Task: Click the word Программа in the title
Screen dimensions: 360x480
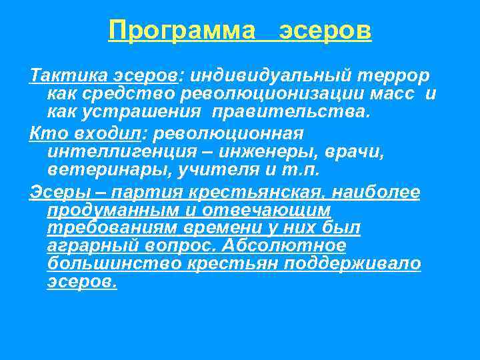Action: (182, 30)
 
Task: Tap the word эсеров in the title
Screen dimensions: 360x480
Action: (325, 30)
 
